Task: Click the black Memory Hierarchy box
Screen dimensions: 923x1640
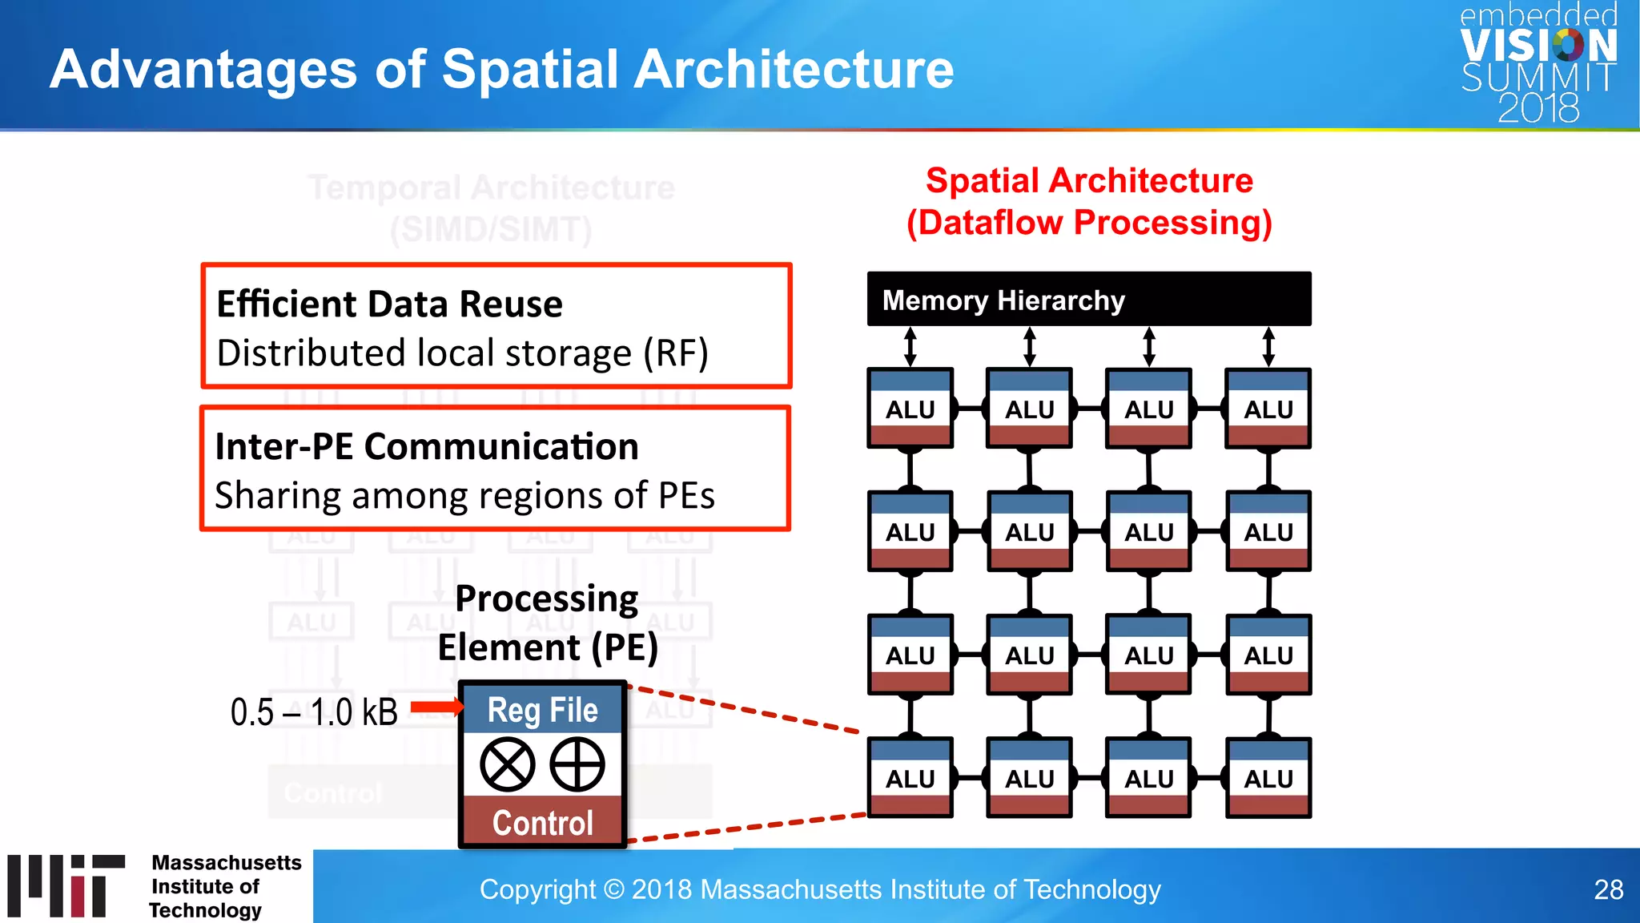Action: click(1088, 300)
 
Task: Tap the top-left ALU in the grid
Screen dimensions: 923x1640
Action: click(910, 409)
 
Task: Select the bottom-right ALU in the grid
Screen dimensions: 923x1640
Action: click(1268, 777)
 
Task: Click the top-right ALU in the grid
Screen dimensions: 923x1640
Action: click(1268, 409)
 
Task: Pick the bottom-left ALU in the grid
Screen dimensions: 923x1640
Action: click(910, 777)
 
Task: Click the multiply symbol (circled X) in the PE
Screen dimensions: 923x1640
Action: click(508, 764)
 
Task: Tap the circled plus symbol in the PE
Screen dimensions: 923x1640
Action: click(577, 764)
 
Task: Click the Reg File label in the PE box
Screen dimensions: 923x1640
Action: click(542, 710)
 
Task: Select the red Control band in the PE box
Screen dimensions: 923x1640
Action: click(542, 822)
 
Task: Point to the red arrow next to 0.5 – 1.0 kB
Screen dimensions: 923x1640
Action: click(436, 707)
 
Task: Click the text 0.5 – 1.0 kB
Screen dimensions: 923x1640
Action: click(314, 712)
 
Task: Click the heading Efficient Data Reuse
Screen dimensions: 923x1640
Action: click(390, 304)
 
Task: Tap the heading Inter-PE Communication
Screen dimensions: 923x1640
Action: click(427, 446)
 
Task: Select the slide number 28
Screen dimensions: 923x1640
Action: click(1608, 889)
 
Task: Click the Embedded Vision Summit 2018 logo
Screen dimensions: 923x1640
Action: click(1537, 64)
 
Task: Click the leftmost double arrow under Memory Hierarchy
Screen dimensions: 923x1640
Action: click(910, 347)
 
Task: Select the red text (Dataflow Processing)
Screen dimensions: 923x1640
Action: click(1089, 223)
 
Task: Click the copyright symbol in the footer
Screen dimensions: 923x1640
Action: click(613, 889)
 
